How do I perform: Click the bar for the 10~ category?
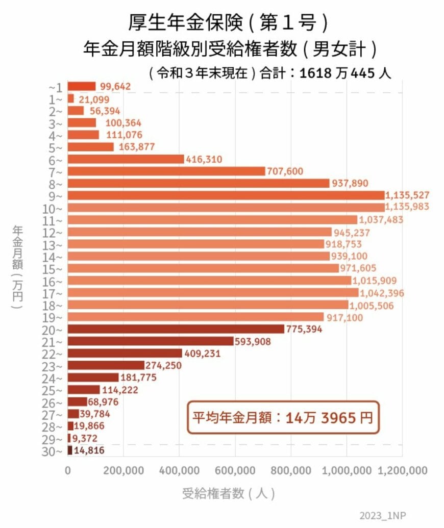click(226, 208)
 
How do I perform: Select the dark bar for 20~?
click(176, 329)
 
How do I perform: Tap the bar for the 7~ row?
click(166, 171)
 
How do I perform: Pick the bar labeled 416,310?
click(126, 159)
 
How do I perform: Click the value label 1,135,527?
click(408, 195)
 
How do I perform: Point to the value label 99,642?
click(115, 86)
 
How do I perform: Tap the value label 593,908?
click(255, 341)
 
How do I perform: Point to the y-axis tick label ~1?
click(56, 86)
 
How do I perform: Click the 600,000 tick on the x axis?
click(235, 470)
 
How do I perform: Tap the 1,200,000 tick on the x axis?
click(402, 470)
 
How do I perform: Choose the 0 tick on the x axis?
click(68, 470)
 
